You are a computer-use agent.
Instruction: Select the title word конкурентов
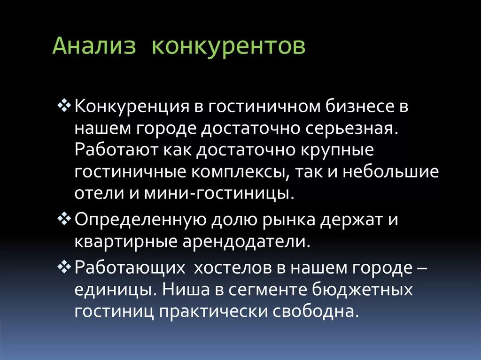coord(229,47)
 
